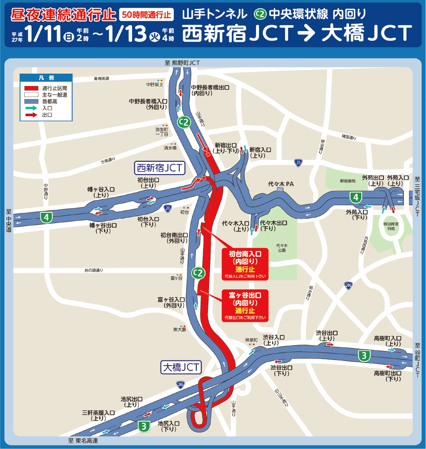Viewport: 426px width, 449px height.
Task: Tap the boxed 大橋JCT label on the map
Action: point(181,367)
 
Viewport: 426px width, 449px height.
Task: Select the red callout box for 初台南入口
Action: point(245,264)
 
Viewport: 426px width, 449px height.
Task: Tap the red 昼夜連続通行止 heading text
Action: point(63,14)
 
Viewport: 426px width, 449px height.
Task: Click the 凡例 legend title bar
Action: point(46,78)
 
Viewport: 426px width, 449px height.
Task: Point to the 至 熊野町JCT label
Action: point(182,63)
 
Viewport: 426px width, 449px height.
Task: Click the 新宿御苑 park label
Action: point(347,181)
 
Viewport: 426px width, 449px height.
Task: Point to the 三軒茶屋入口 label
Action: point(98,415)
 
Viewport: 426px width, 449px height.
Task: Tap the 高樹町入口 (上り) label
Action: point(387,340)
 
